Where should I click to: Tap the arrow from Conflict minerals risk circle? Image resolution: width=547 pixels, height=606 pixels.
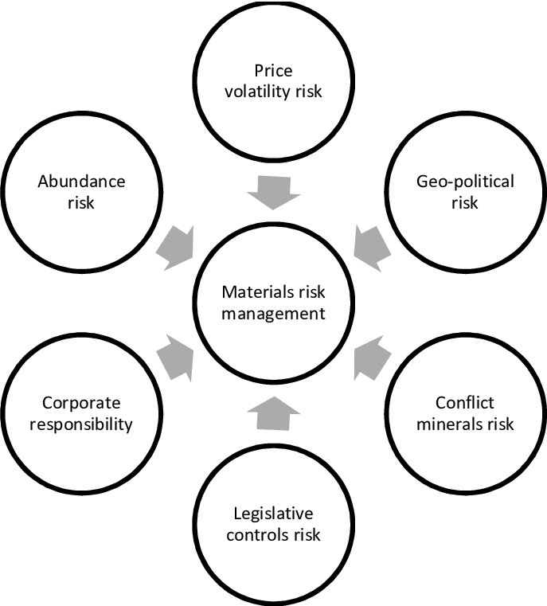371,358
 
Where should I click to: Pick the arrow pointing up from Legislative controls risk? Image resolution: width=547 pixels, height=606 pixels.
273,412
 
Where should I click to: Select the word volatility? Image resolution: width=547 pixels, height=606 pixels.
258,91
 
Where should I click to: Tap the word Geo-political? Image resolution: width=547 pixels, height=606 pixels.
466,182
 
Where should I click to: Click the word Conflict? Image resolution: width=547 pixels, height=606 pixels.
465,403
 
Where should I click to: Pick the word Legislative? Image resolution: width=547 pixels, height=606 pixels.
273,514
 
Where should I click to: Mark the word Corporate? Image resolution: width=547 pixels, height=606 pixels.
81,403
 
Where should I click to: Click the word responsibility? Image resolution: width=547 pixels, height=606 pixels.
81,423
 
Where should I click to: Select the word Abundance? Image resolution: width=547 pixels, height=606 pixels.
81,182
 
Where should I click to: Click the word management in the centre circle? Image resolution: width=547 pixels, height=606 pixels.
273,313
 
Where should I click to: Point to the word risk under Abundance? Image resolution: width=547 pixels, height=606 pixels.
81,202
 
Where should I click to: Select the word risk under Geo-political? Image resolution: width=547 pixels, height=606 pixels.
465,202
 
